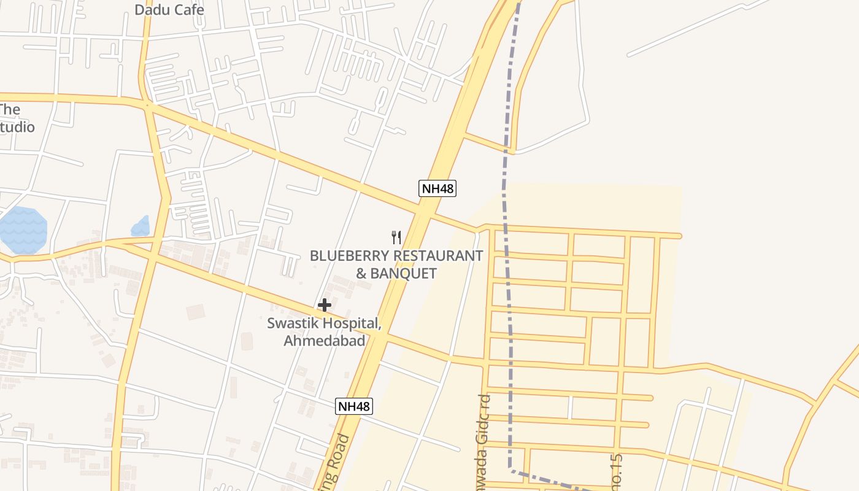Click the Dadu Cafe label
[169, 10]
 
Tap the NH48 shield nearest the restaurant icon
[437, 188]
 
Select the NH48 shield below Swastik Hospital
[354, 406]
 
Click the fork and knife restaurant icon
[396, 237]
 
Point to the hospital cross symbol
[325, 304]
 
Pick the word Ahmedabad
[324, 341]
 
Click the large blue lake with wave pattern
[23, 230]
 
